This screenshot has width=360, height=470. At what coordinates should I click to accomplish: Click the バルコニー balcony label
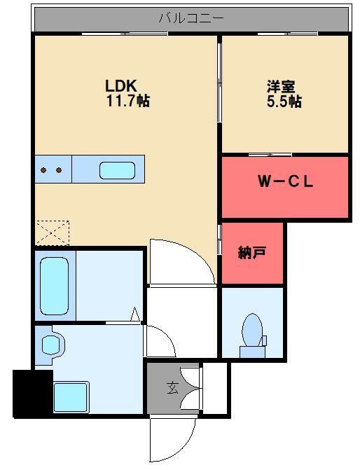(x=191, y=19)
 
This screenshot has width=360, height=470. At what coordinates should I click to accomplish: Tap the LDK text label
(x=120, y=86)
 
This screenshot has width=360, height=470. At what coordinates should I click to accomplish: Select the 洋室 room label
(x=280, y=87)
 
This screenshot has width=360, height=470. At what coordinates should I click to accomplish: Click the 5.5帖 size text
(x=284, y=102)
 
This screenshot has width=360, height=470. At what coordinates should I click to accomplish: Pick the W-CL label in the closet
(x=285, y=183)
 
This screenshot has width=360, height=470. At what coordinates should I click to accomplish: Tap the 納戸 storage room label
(x=252, y=254)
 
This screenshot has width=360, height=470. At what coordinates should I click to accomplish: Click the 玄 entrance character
(x=172, y=386)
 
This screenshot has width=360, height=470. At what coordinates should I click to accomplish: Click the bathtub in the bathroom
(x=55, y=286)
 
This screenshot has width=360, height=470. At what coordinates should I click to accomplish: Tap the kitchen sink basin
(x=117, y=170)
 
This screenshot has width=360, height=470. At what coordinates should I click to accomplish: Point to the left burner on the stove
(x=43, y=170)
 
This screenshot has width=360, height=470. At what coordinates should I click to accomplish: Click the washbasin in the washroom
(x=50, y=345)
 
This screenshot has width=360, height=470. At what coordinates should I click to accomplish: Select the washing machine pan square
(x=71, y=396)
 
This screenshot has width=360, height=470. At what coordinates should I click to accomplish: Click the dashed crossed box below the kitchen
(x=53, y=232)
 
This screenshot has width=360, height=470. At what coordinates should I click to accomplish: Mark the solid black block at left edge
(x=32, y=394)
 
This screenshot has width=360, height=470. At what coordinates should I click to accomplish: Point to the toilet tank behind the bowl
(x=263, y=341)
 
